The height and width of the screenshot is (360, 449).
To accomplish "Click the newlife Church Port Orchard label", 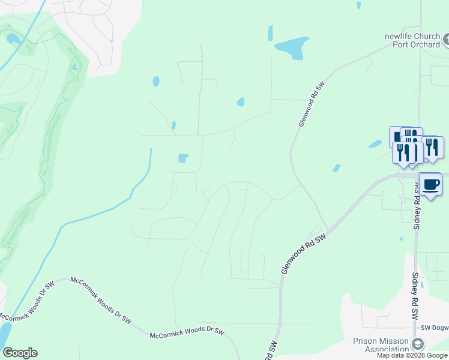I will (x=412, y=40).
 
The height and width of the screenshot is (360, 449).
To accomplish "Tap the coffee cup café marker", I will (x=430, y=183).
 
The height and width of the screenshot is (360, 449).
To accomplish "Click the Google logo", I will (x=20, y=353).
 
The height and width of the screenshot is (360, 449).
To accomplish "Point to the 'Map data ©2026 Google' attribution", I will (x=412, y=355).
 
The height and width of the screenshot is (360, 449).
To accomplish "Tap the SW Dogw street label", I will (x=434, y=328).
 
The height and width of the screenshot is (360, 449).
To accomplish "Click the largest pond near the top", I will (x=289, y=49).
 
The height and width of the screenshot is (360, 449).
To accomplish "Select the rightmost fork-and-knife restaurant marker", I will (x=432, y=147).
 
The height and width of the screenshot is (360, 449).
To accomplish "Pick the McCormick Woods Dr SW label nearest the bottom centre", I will (x=187, y=331).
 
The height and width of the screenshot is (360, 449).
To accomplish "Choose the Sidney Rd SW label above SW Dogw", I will (x=414, y=297).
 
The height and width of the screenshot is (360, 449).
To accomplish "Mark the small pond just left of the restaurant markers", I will (x=375, y=144).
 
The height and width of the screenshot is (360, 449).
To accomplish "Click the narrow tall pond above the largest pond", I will (x=270, y=32).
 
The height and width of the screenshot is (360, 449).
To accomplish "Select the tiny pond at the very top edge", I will (x=358, y=5).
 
